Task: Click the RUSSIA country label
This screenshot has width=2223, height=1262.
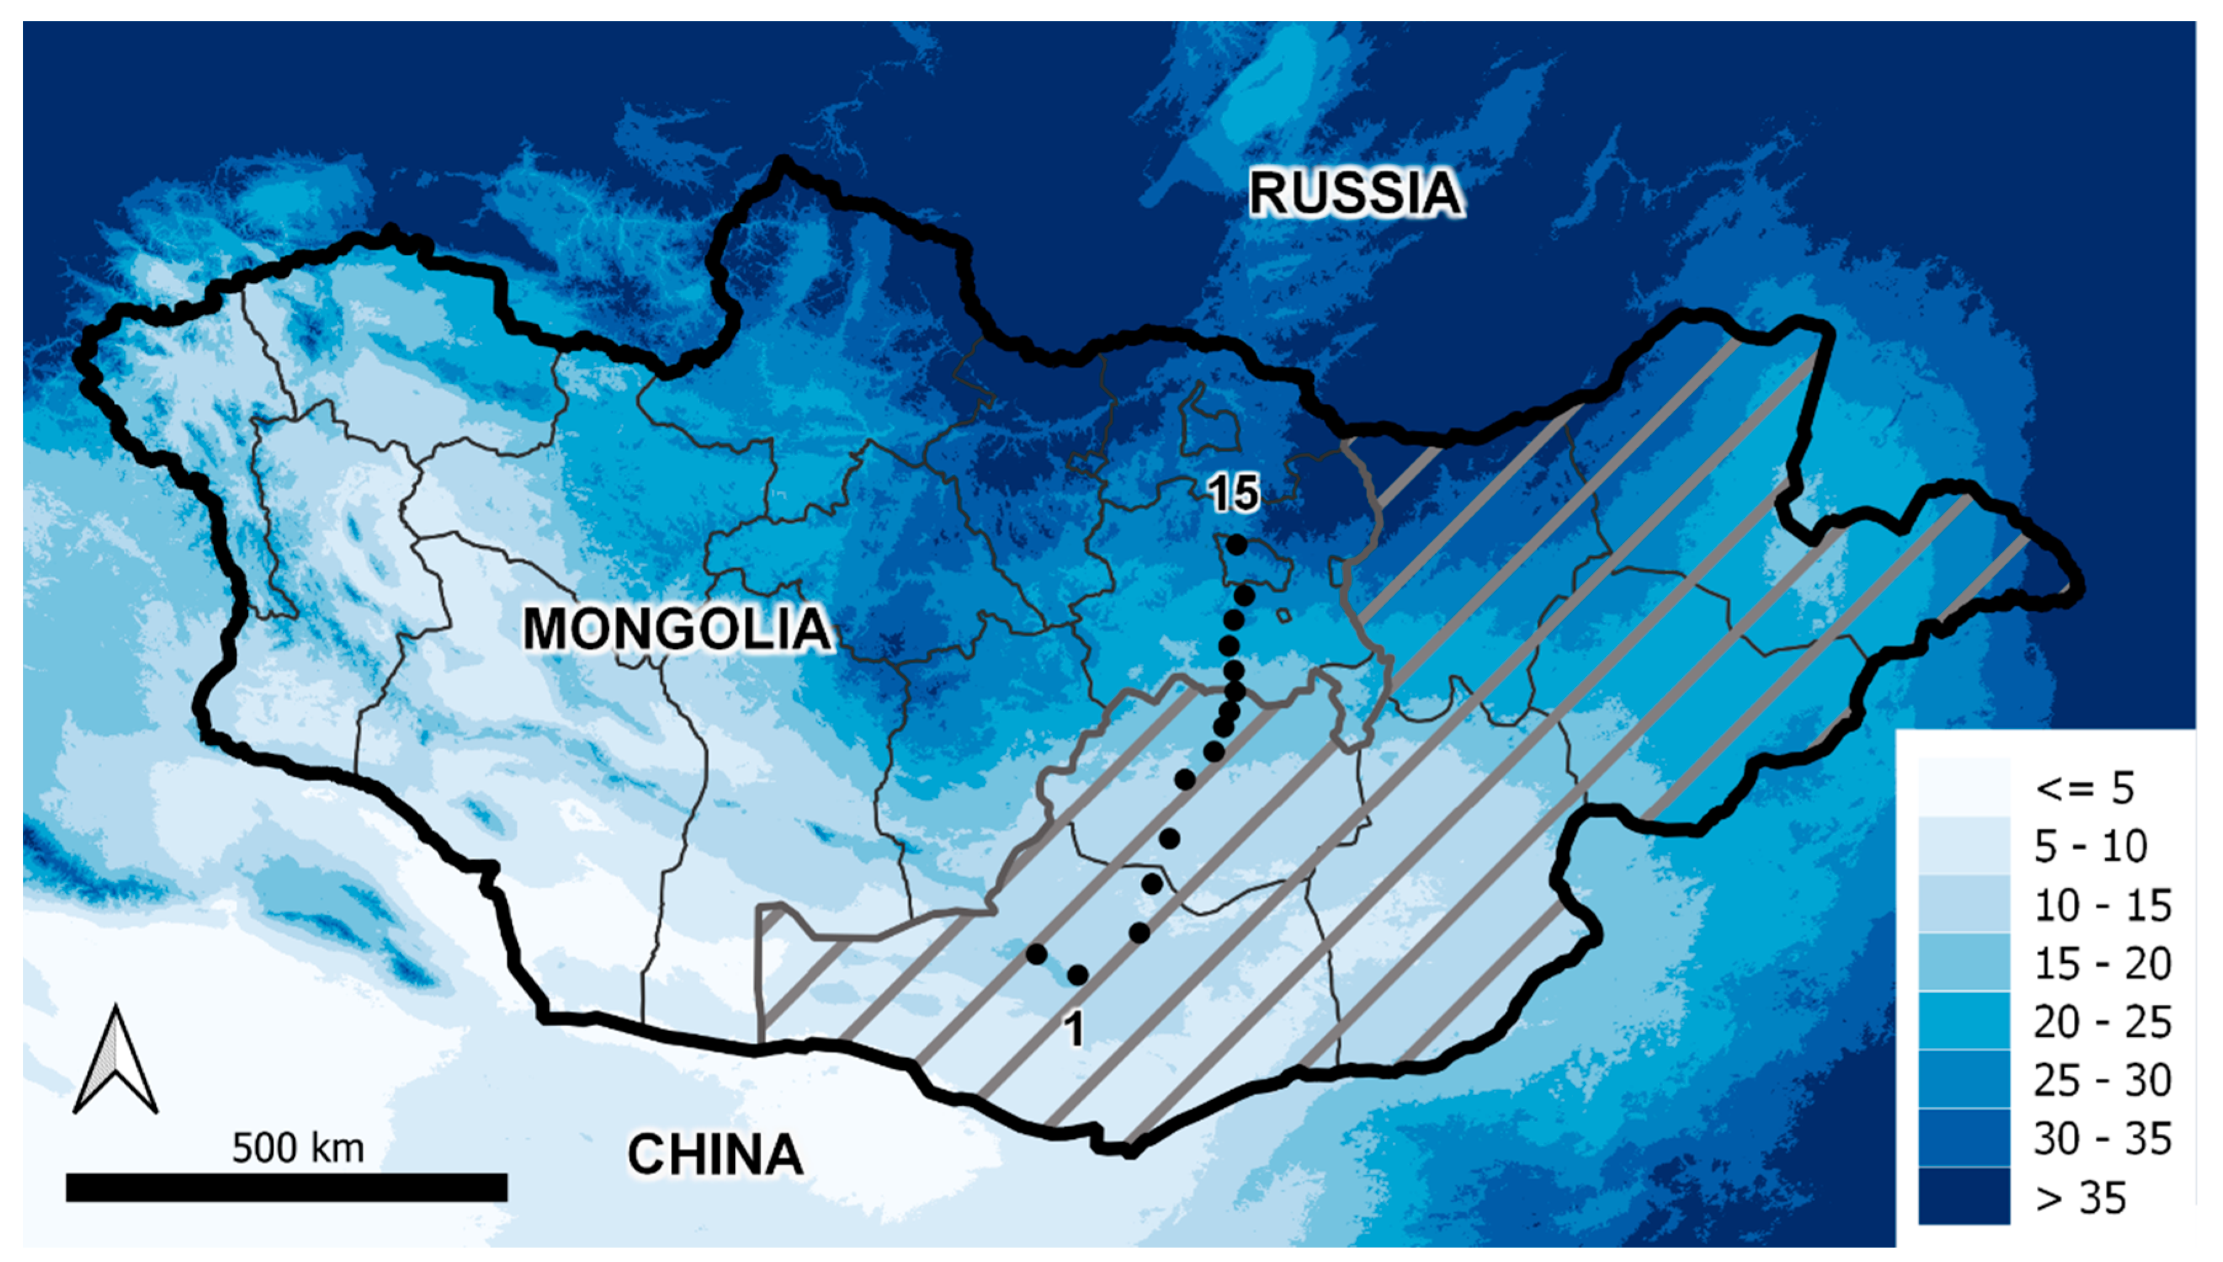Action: pyautogui.click(x=1355, y=193)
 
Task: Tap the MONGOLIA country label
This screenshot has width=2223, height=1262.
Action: pyautogui.click(x=676, y=629)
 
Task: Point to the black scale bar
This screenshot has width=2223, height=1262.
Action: pyautogui.click(x=286, y=1188)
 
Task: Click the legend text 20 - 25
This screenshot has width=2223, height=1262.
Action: pyautogui.click(x=2102, y=1023)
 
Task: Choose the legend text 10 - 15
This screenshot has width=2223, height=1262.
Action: pyautogui.click(x=2102, y=906)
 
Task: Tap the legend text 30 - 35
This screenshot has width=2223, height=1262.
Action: pyautogui.click(x=2102, y=1139)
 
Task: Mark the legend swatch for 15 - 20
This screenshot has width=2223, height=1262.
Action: pyautogui.click(x=1964, y=963)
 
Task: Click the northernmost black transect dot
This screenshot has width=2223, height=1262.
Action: pyautogui.click(x=1236, y=545)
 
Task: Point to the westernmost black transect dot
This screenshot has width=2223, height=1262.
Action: pyautogui.click(x=1036, y=954)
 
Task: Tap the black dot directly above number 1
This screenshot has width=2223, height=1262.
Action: pyautogui.click(x=1078, y=975)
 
